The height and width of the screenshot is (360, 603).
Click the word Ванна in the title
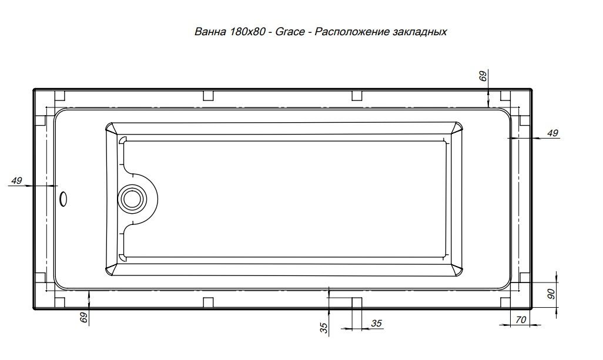(x=210, y=32)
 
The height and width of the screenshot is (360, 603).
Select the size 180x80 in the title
(x=247, y=32)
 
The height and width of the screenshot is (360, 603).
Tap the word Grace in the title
(x=290, y=32)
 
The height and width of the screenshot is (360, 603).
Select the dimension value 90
(x=551, y=294)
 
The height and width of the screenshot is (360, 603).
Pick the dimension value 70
(x=521, y=319)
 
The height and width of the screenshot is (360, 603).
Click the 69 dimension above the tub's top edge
(x=483, y=76)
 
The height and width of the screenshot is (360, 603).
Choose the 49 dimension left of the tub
(x=16, y=180)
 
